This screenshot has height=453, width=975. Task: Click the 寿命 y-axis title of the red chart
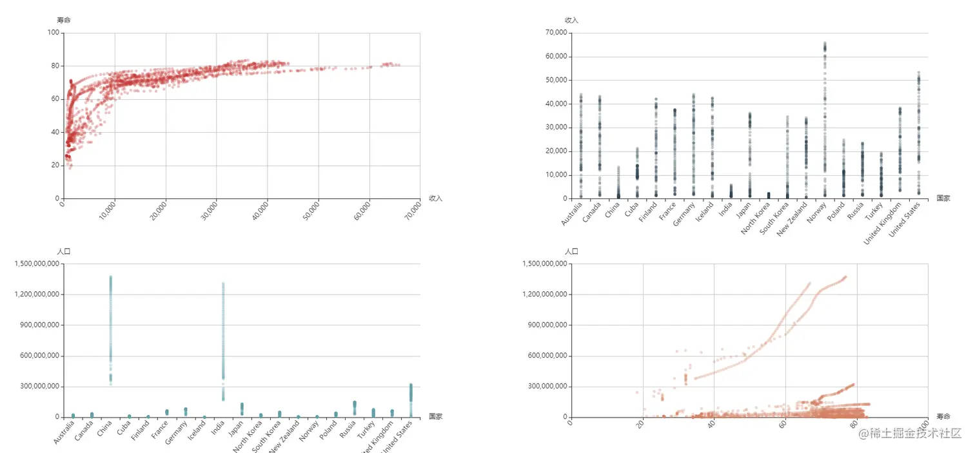pos(64,20)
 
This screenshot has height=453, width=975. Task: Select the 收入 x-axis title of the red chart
pos(435,198)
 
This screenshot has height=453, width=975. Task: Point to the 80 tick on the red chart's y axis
pos(55,66)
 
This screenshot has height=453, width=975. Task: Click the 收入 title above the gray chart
pos(571,20)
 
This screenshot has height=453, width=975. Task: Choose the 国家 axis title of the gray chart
pos(943,198)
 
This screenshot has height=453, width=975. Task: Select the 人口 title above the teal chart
pos(64,251)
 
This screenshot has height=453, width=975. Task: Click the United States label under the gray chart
pos(905,220)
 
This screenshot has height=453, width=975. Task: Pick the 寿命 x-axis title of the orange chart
pos(943,416)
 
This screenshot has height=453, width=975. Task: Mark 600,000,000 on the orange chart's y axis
pos(547,356)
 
